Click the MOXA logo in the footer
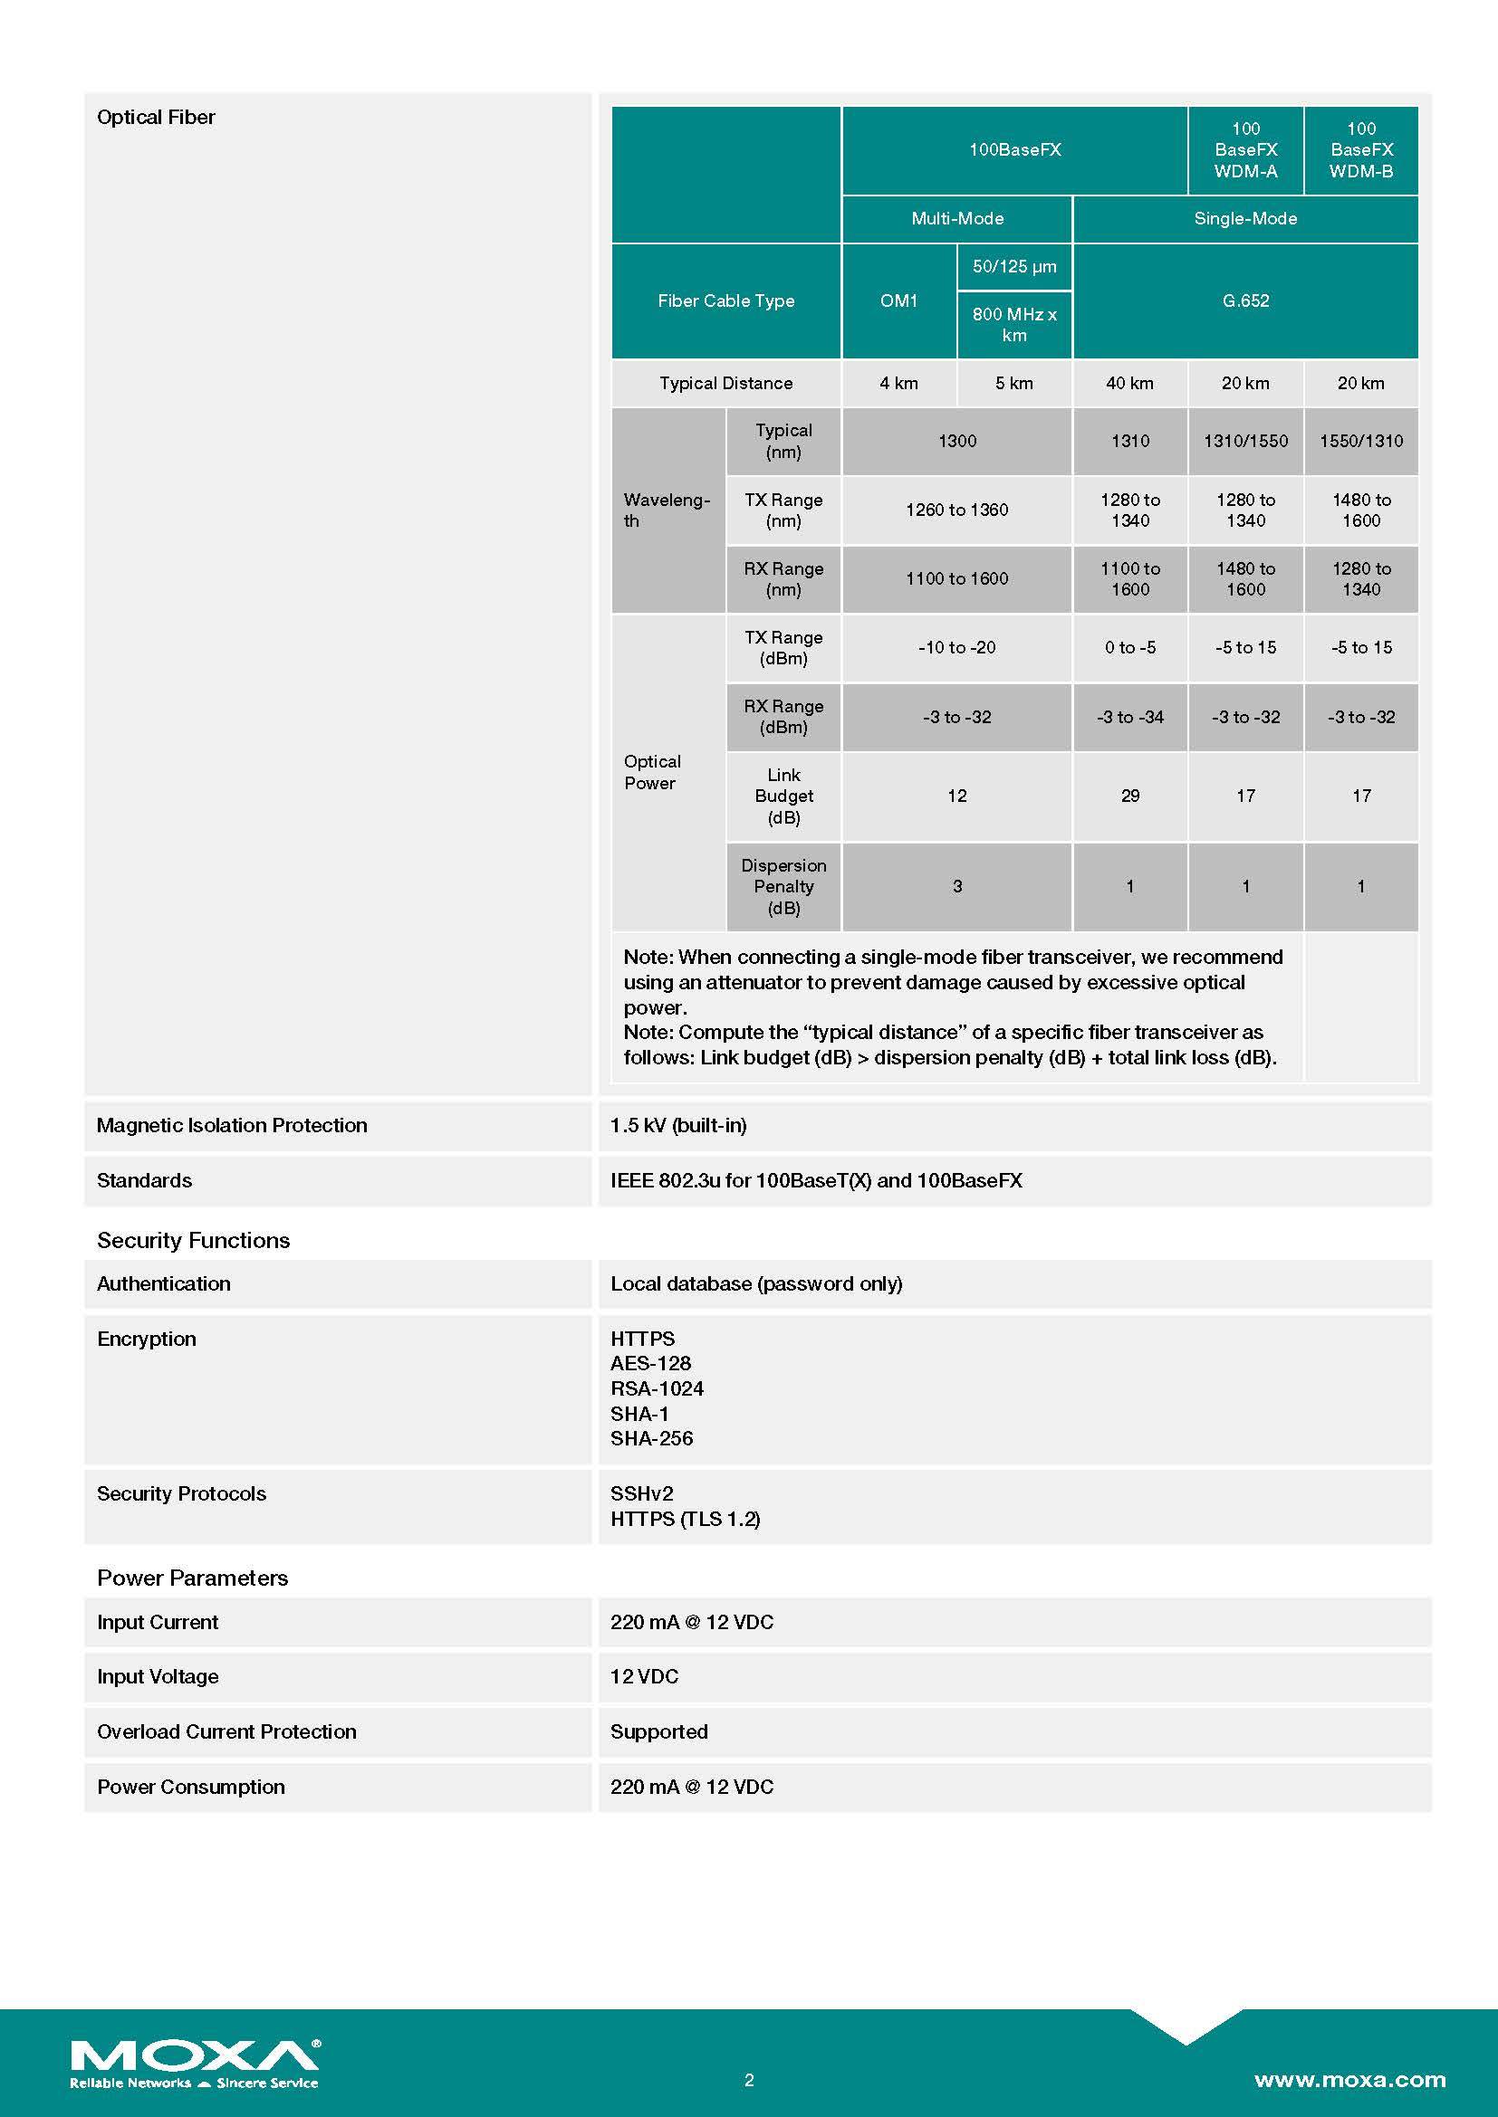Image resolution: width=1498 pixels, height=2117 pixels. [x=195, y=2063]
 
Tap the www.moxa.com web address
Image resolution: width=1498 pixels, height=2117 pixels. [x=1349, y=2079]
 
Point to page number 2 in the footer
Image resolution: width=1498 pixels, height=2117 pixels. [x=749, y=2080]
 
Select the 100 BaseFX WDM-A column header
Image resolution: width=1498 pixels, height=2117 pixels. [x=1245, y=149]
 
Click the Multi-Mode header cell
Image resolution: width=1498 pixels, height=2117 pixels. [x=956, y=218]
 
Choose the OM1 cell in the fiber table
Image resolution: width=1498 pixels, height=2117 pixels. [x=898, y=300]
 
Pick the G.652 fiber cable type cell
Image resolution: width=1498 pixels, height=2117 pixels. [x=1245, y=300]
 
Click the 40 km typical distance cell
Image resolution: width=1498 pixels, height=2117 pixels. [x=1129, y=383]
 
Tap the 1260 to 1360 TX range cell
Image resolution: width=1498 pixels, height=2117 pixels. [x=956, y=510]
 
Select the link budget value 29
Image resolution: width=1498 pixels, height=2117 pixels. [x=1129, y=796]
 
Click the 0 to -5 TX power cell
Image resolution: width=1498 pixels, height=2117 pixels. [x=1129, y=647]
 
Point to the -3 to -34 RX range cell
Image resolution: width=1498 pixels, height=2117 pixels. [x=1129, y=717]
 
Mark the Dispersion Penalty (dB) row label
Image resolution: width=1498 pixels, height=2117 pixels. [x=783, y=886]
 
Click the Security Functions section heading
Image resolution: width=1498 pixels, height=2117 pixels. [x=193, y=1240]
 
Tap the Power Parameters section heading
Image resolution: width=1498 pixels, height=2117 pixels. [x=192, y=1578]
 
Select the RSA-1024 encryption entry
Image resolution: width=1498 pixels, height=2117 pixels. [x=657, y=1388]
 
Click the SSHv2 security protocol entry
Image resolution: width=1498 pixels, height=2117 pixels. [x=642, y=1493]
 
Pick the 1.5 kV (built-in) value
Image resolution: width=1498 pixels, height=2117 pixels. [x=679, y=1125]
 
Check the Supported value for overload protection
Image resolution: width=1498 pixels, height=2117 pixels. [x=658, y=1731]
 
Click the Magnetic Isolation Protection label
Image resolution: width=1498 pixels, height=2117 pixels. [x=232, y=1125]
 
